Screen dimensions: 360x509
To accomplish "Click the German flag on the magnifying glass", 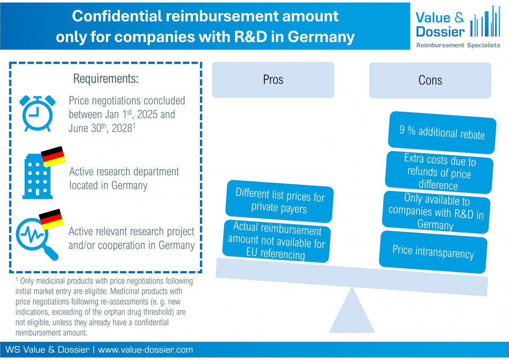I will click(51, 219).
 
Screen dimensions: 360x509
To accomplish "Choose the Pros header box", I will click(273, 80).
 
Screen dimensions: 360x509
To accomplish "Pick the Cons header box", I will click(430, 80).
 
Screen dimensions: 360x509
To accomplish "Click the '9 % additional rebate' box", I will click(442, 132).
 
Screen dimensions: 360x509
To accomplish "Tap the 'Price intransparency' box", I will click(433, 252).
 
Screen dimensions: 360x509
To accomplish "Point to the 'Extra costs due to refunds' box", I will click(439, 172).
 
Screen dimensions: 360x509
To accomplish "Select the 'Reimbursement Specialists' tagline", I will click(458, 45).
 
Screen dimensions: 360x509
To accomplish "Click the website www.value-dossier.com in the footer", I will click(145, 350).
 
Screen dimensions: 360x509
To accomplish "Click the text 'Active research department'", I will click(124, 172).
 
